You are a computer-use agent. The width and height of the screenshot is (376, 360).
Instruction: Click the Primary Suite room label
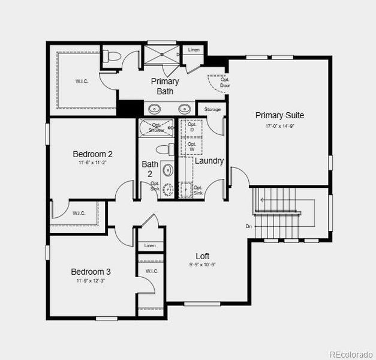click(279, 115)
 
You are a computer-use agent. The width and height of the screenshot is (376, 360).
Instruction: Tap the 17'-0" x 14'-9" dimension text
click(279, 127)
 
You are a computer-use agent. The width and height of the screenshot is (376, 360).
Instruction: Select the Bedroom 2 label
click(92, 154)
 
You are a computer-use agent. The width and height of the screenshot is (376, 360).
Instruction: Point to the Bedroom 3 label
click(91, 272)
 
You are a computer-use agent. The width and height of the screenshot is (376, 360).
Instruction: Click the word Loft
click(203, 256)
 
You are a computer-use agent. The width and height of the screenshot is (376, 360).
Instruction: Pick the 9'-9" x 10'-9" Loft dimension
click(203, 265)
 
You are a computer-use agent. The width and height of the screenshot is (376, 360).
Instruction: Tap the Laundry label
click(209, 161)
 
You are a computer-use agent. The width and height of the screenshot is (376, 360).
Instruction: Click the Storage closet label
click(212, 110)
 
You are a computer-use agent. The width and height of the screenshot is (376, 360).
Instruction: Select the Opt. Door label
click(225, 82)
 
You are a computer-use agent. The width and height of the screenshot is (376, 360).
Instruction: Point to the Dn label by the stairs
click(248, 226)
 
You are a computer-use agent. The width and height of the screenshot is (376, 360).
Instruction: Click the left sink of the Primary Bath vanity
click(155, 109)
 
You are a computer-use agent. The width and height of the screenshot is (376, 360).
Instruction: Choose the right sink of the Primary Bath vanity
click(184, 109)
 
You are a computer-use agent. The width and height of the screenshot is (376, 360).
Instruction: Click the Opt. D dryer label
click(192, 127)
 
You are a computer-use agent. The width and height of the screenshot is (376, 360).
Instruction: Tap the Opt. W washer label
click(192, 146)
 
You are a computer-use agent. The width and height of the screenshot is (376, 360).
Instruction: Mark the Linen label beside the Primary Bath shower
click(194, 50)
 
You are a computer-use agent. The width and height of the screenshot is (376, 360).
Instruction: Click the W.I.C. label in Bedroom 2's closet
click(79, 213)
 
